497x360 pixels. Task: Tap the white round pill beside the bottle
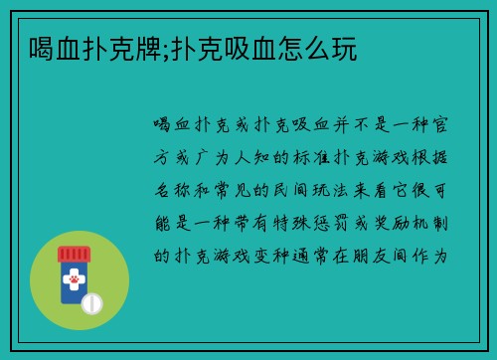click(91, 302)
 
